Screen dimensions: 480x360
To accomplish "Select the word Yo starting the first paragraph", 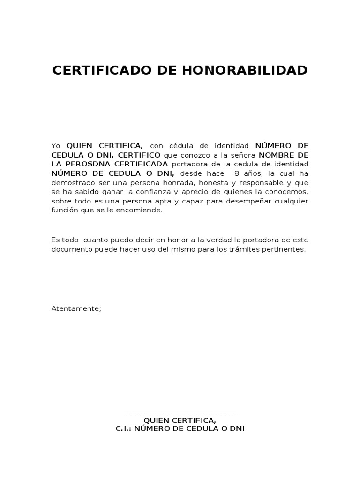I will [x=56, y=146].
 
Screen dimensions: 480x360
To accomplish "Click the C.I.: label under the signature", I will [x=124, y=429].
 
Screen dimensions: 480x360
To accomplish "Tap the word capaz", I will [x=192, y=201].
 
